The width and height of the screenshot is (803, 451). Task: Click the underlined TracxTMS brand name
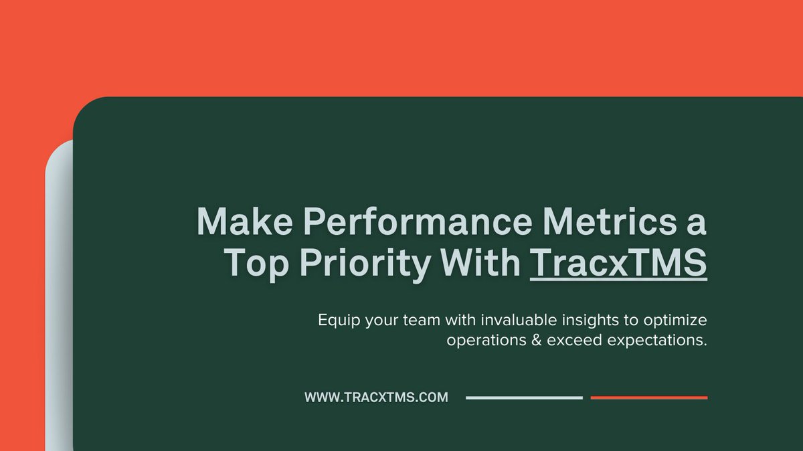pyautogui.click(x=618, y=263)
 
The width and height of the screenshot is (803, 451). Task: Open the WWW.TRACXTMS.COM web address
pyautogui.click(x=376, y=397)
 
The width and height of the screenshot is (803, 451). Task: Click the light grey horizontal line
pyautogui.click(x=524, y=397)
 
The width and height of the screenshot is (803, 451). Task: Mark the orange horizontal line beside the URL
pyautogui.click(x=648, y=397)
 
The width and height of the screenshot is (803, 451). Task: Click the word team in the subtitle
pyautogui.click(x=422, y=320)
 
